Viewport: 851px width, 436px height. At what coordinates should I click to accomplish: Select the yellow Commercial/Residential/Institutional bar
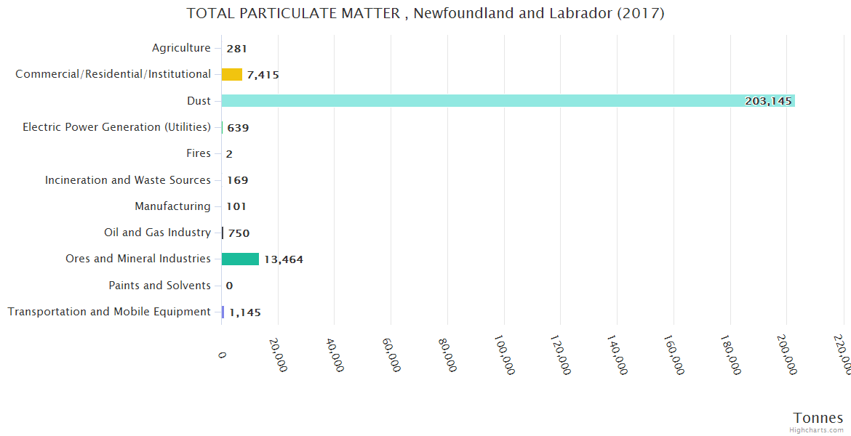(231, 74)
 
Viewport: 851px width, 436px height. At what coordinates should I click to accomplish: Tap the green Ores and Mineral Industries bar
(240, 259)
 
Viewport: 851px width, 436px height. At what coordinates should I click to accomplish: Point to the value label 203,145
(768, 101)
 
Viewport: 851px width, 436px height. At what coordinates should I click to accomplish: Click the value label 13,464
(284, 259)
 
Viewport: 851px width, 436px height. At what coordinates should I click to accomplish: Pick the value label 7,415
(263, 75)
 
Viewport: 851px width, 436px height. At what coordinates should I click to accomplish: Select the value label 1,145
(245, 312)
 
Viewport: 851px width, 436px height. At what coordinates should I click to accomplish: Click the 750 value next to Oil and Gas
(239, 233)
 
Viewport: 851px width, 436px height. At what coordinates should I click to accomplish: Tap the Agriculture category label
(181, 48)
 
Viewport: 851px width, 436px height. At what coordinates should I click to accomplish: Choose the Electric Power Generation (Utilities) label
(116, 127)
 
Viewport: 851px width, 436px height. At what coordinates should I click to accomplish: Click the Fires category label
(199, 153)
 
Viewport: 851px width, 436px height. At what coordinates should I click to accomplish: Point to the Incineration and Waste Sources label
(128, 179)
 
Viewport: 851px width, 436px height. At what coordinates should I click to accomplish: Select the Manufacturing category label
(172, 206)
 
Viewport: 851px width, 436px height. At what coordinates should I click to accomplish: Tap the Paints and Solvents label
(159, 286)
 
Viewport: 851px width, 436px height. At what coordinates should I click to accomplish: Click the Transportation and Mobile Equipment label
(109, 312)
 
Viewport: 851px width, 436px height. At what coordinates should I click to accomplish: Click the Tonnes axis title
(818, 417)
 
